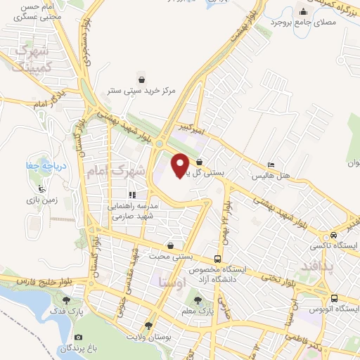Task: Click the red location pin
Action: (181, 165)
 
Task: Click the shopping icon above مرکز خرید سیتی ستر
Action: (142, 79)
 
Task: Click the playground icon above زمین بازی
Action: (41, 189)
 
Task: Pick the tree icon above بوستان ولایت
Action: (148, 326)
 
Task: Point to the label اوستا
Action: (172, 283)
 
